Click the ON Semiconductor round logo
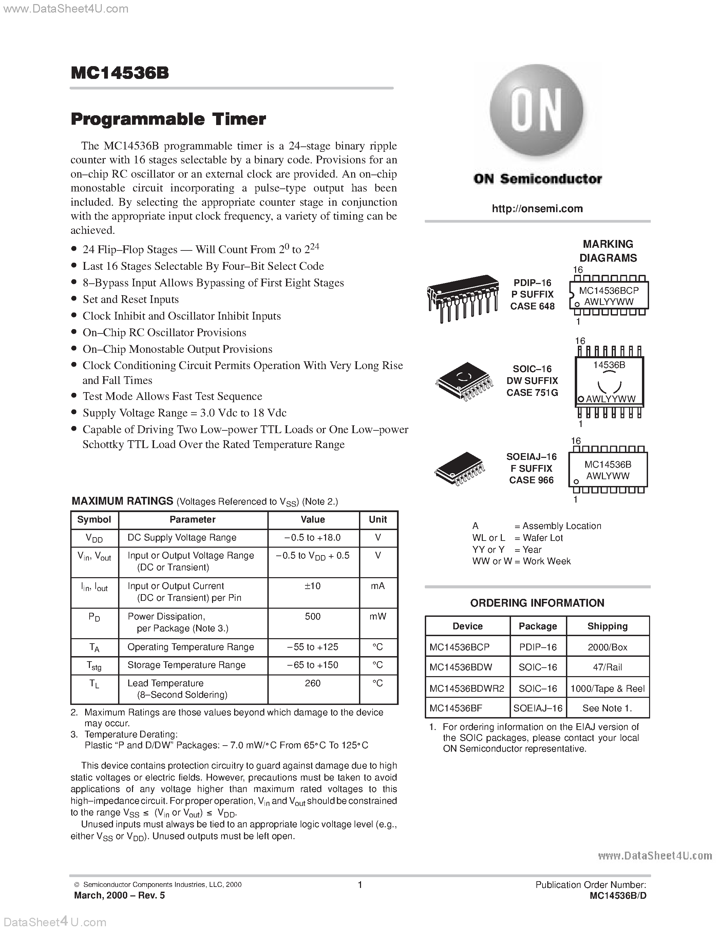[x=536, y=110]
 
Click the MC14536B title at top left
[x=120, y=73]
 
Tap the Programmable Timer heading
[x=168, y=119]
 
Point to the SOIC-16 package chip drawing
[x=464, y=381]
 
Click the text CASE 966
[x=531, y=480]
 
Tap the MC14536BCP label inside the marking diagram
[x=608, y=290]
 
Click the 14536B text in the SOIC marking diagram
[x=609, y=365]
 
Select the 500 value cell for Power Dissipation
[x=313, y=616]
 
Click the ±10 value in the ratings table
[x=313, y=586]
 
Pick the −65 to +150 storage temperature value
[x=313, y=665]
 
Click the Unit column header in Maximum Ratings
[x=378, y=519]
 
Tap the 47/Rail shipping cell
[x=607, y=667]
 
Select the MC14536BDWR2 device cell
[x=467, y=688]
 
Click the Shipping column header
[x=607, y=626]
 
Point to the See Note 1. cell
[x=607, y=708]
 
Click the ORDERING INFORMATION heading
[x=537, y=603]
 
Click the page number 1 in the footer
[x=360, y=885]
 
